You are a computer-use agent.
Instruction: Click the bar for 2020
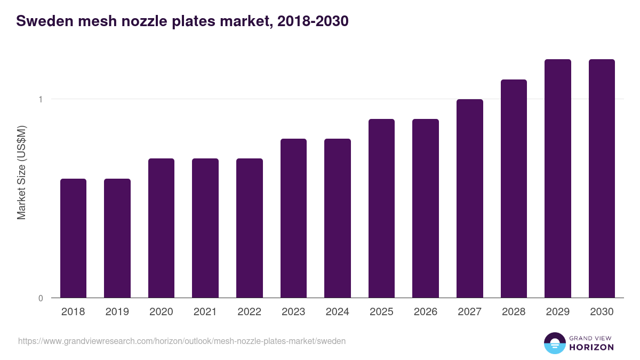tap(161, 228)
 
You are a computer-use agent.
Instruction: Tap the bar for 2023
tap(293, 218)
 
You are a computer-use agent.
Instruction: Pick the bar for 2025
tap(381, 208)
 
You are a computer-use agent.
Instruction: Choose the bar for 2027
tap(470, 198)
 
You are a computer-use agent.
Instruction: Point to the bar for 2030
tap(602, 178)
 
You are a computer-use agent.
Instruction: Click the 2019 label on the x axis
tap(117, 312)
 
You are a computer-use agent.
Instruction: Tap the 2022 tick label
tap(249, 312)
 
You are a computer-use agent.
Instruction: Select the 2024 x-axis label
tap(338, 312)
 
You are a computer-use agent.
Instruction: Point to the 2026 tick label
tap(426, 312)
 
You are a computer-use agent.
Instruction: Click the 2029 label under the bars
tap(558, 312)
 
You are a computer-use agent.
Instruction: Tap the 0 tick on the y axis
tap(40, 298)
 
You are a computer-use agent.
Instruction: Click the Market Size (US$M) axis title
tap(21, 172)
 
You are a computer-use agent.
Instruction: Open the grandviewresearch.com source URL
tap(182, 341)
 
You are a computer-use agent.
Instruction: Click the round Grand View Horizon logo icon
tap(554, 343)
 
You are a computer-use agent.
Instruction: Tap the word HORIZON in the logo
tap(591, 347)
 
